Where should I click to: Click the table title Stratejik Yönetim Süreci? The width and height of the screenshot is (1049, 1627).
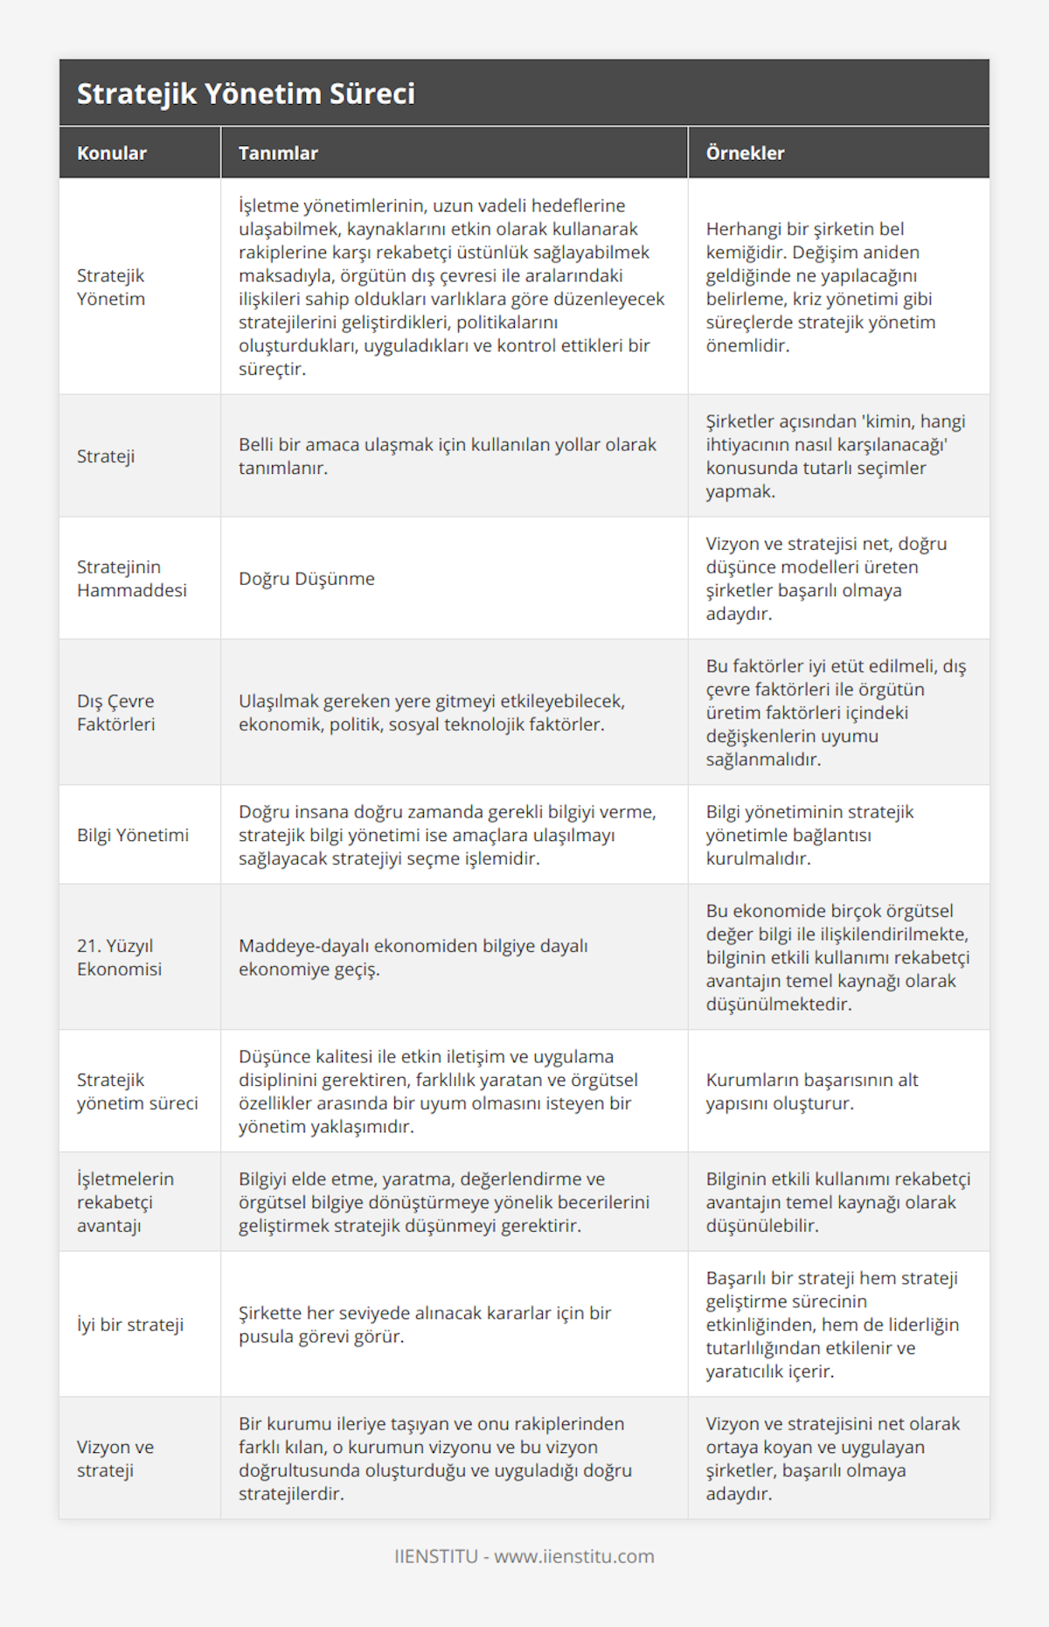tap(246, 94)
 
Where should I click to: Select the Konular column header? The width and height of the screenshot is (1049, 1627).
tap(112, 153)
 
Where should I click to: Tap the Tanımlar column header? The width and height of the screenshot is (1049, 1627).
tap(278, 153)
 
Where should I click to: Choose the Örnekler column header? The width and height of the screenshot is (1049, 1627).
tap(745, 153)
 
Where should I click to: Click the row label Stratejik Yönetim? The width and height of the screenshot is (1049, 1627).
tap(111, 287)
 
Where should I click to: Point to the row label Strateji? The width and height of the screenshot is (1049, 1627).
tap(106, 456)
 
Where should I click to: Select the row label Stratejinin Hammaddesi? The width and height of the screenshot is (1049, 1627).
tap(132, 579)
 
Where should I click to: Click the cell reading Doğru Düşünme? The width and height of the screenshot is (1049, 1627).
tap(307, 579)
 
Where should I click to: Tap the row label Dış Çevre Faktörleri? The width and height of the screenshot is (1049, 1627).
tap(116, 713)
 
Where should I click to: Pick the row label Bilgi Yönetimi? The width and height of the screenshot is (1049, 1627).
tap(133, 835)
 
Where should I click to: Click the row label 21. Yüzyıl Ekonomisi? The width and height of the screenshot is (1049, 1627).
tap(120, 957)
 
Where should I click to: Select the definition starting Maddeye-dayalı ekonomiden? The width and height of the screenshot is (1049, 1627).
tap(413, 957)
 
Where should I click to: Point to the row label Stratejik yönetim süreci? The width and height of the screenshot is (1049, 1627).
tap(137, 1091)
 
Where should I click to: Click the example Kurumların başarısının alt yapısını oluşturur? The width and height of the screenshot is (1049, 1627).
tap(812, 1091)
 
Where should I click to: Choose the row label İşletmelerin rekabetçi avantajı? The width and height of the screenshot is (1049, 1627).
tap(125, 1202)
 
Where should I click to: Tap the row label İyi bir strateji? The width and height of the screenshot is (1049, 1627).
tap(130, 1325)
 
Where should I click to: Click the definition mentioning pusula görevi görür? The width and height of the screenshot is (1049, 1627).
tap(425, 1325)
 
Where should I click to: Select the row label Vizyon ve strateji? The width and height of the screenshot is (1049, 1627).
tap(115, 1458)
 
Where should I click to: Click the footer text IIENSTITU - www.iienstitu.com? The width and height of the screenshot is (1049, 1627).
tap(524, 1556)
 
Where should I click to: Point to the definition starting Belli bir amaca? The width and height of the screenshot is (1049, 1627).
tap(448, 456)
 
